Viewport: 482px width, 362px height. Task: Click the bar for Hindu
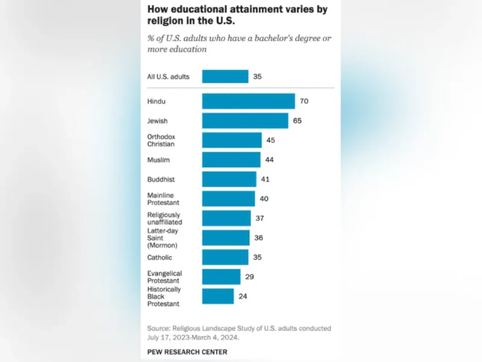point(248,101)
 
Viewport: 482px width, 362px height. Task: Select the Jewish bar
point(245,121)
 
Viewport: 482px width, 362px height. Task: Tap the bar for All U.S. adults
point(225,77)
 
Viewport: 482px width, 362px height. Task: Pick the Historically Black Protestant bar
point(218,296)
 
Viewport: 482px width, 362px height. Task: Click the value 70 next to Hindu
point(304,101)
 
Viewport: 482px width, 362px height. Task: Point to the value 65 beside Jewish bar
point(297,121)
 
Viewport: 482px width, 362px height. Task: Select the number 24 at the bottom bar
point(243,296)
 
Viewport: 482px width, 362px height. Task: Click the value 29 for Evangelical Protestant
point(249,277)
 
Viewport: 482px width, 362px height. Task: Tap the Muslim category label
point(159,160)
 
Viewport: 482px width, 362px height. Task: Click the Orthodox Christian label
point(161,140)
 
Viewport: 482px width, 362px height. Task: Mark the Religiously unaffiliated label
point(164,218)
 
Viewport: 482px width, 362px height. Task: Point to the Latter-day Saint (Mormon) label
point(163,238)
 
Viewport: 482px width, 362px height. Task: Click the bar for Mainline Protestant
point(228,198)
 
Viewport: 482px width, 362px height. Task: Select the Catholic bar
point(225,257)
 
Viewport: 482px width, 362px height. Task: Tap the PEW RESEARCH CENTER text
point(187,351)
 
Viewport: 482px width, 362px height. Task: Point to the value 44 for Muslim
point(270,160)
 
